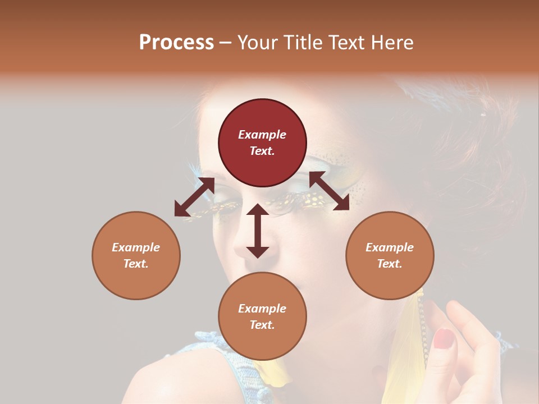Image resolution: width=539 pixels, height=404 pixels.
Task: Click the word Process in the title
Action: (x=176, y=43)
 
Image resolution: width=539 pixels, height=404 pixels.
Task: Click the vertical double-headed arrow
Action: (x=258, y=231)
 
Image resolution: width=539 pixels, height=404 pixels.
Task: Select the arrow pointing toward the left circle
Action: (x=194, y=198)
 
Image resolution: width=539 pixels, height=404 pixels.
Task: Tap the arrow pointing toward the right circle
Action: (x=329, y=191)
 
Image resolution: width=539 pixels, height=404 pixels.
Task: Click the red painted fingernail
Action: (x=444, y=338)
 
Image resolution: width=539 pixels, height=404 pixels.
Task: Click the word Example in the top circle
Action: (x=262, y=135)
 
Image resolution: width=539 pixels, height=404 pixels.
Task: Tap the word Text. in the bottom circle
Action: (x=262, y=325)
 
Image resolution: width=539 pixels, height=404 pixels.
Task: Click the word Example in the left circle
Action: (x=136, y=247)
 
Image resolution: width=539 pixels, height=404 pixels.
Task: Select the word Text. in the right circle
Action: (x=390, y=264)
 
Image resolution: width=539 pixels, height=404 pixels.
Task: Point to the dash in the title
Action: (x=225, y=43)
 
